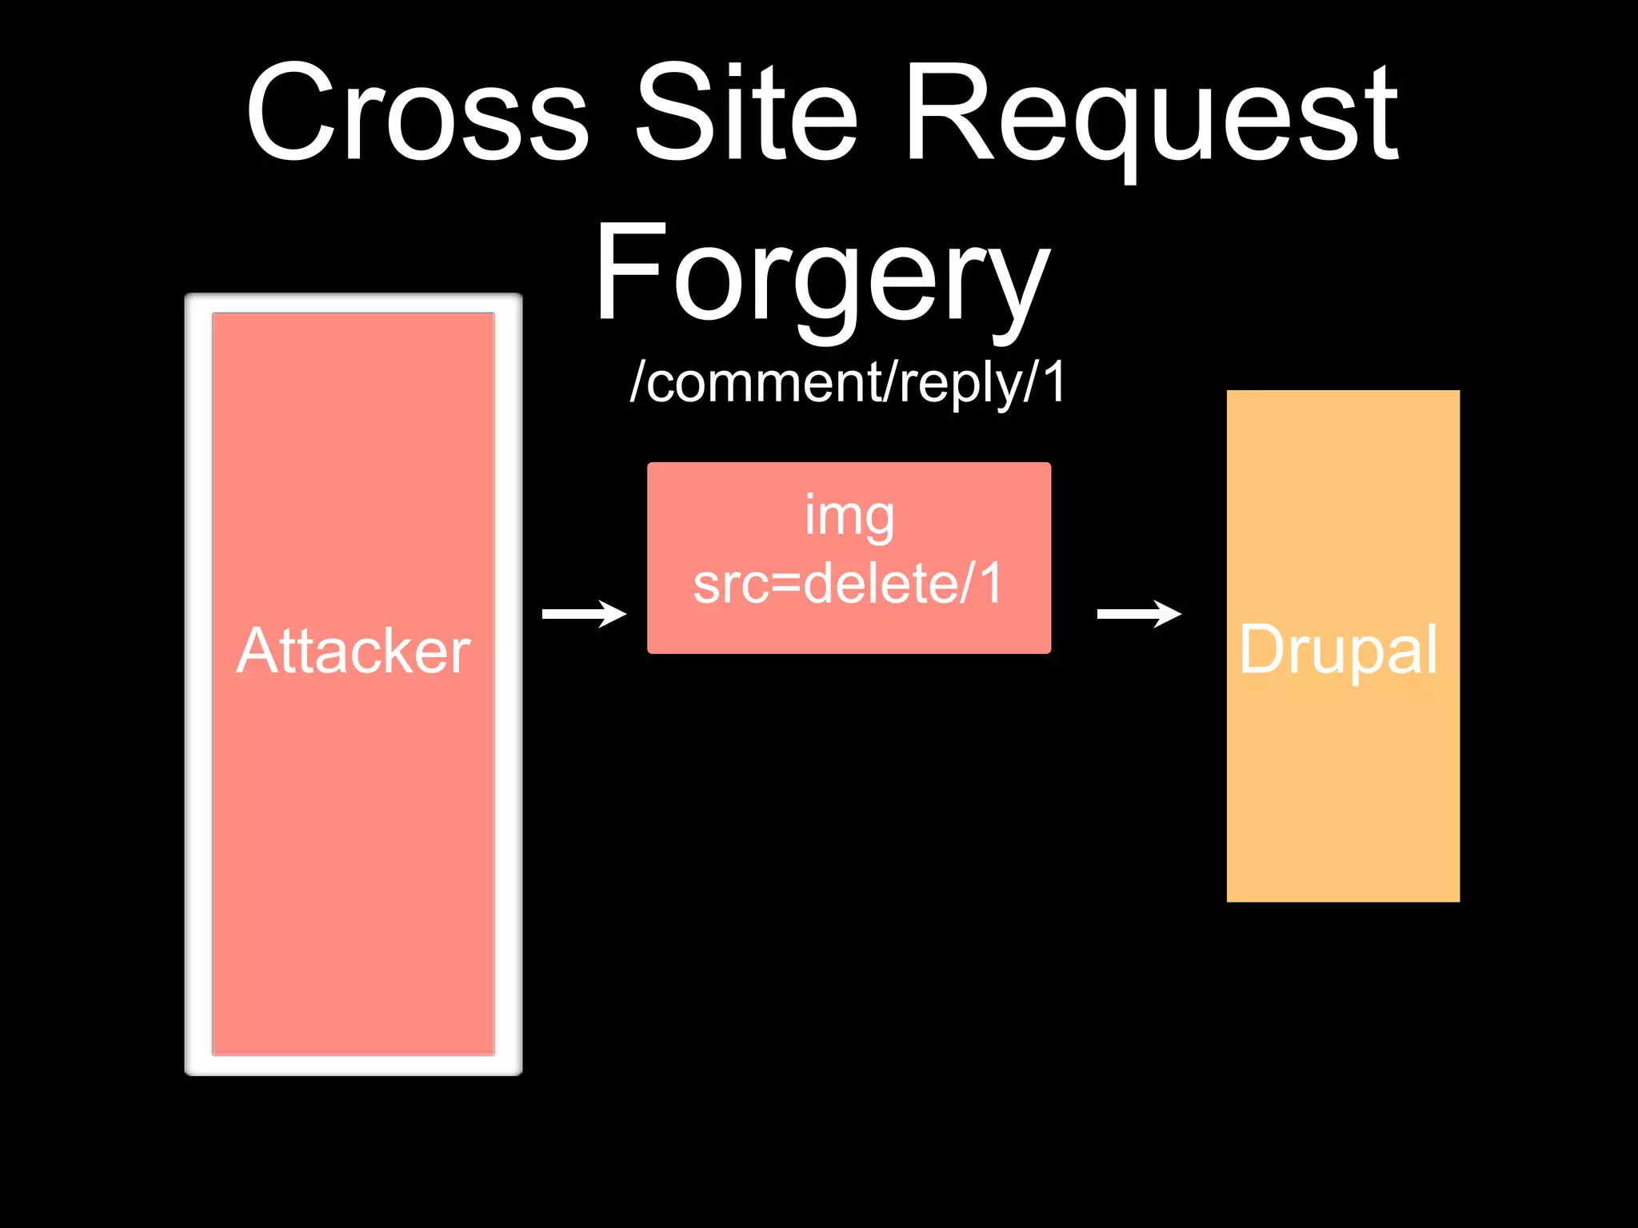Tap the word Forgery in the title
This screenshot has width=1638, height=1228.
click(x=821, y=276)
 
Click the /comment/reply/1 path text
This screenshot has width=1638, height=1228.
click(x=848, y=382)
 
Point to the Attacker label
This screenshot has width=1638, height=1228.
click(x=354, y=652)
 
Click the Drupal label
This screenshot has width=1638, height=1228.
click(x=1339, y=650)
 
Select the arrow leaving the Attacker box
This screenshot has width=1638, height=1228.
click(x=584, y=614)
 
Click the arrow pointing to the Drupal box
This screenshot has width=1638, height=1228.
click(x=1139, y=614)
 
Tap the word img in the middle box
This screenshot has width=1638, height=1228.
click(x=849, y=516)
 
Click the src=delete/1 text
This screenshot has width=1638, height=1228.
click(x=848, y=584)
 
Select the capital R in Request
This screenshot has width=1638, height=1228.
click(x=948, y=112)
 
